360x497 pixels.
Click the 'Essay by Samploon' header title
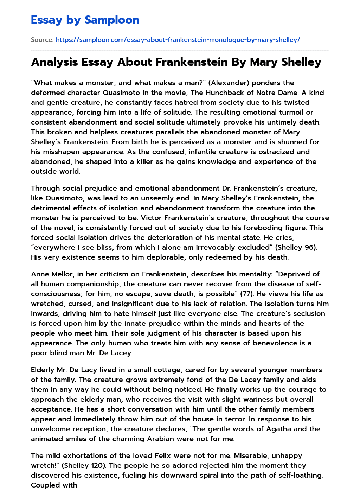click(x=85, y=20)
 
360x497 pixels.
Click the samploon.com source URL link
click(x=178, y=40)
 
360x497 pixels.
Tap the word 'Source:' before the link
click(x=42, y=40)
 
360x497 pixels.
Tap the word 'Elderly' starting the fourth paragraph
click(x=43, y=370)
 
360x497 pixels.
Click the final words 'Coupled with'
click(x=54, y=485)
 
